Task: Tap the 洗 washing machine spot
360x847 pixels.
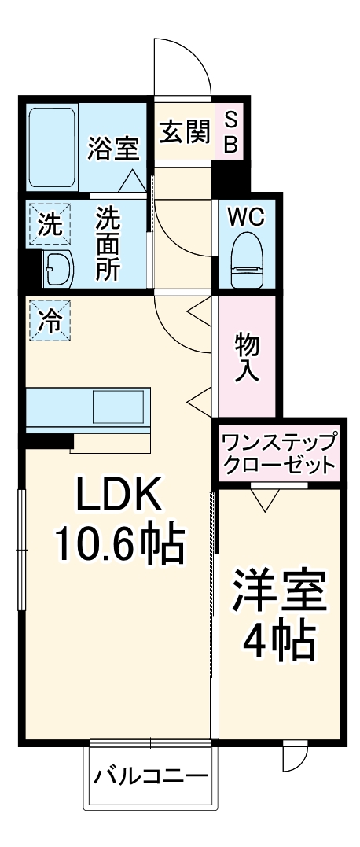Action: pyautogui.click(x=49, y=226)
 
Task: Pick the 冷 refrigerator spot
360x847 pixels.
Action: pyautogui.click(x=49, y=322)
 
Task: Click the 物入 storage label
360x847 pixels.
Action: pyautogui.click(x=247, y=355)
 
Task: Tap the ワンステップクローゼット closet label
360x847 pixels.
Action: pyautogui.click(x=279, y=453)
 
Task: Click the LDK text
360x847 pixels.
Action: pyautogui.click(x=118, y=496)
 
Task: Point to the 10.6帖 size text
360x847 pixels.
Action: pyautogui.click(x=118, y=542)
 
